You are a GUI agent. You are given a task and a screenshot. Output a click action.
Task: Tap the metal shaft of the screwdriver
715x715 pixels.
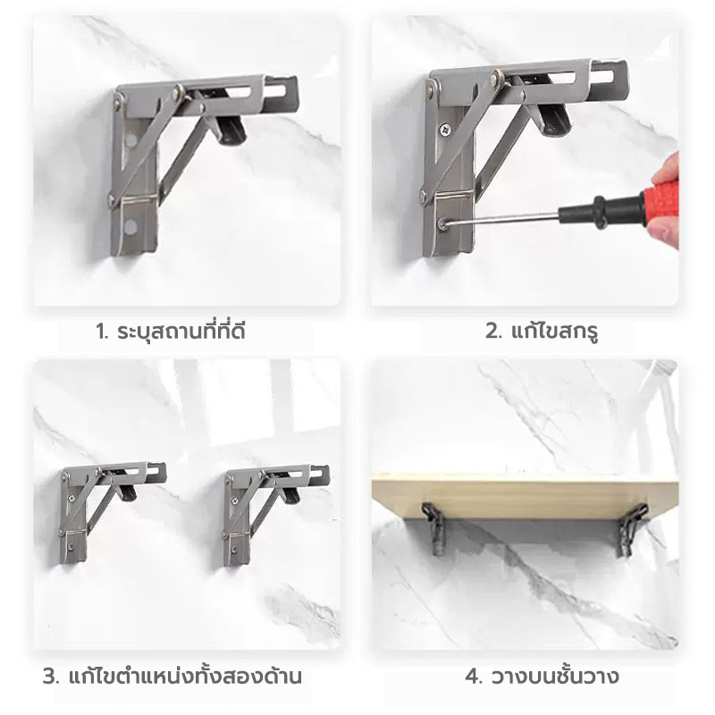pyautogui.click(x=502, y=219)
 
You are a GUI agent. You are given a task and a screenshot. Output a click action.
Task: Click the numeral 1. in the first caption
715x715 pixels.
pyautogui.click(x=102, y=332)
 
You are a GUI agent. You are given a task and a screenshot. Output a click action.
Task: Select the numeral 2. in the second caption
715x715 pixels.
pyautogui.click(x=493, y=332)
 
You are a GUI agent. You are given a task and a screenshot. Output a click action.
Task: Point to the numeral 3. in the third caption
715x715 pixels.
pyautogui.click(x=51, y=677)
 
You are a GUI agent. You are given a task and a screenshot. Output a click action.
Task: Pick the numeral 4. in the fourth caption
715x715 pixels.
pyautogui.click(x=474, y=677)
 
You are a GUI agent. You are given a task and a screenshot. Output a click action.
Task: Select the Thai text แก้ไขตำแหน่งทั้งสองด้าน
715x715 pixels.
pyautogui.click(x=185, y=676)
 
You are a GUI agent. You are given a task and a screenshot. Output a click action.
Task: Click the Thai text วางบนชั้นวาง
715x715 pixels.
pyautogui.click(x=555, y=677)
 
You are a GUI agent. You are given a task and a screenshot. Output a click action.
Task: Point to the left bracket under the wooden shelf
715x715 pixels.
pyautogui.click(x=433, y=528)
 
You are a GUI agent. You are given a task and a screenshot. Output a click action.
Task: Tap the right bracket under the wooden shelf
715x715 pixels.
pyautogui.click(x=632, y=530)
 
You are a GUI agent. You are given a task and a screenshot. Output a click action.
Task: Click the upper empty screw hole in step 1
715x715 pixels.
pyautogui.click(x=130, y=140)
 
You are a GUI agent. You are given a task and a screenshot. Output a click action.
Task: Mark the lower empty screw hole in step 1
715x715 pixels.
pyautogui.click(x=130, y=225)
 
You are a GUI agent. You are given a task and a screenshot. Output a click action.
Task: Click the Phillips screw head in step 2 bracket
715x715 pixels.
pyautogui.click(x=442, y=130)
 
